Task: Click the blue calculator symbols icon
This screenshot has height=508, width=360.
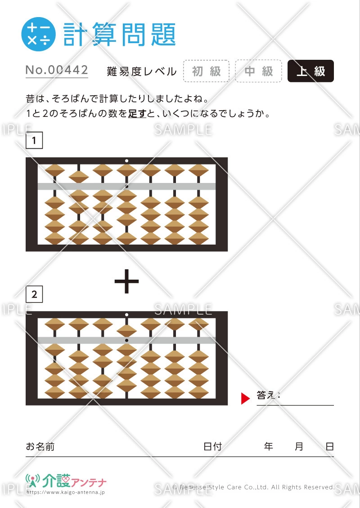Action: (38, 34)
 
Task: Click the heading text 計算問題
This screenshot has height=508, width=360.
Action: (119, 34)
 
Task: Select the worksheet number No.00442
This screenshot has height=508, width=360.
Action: (57, 70)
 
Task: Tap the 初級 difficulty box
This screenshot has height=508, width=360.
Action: (206, 71)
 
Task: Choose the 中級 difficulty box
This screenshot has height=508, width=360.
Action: (258, 71)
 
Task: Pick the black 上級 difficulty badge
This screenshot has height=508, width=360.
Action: (310, 71)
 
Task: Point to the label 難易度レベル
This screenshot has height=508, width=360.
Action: (142, 71)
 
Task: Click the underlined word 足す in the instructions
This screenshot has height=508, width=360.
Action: (137, 114)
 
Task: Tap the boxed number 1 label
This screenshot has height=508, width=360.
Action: (34, 141)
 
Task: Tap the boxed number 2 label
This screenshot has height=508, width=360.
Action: (34, 294)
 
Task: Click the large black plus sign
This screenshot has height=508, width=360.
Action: (126, 281)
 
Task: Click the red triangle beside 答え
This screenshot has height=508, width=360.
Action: (245, 398)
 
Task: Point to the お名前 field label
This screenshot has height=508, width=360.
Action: (40, 446)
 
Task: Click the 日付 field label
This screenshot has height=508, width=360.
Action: (212, 446)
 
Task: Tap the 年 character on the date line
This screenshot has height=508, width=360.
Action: (268, 446)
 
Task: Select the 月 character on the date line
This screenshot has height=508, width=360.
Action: (299, 446)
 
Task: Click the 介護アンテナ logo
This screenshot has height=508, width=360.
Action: (66, 481)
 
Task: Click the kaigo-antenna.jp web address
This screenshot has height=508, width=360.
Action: (65, 492)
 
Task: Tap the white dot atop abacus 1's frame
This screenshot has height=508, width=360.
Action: (126, 160)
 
